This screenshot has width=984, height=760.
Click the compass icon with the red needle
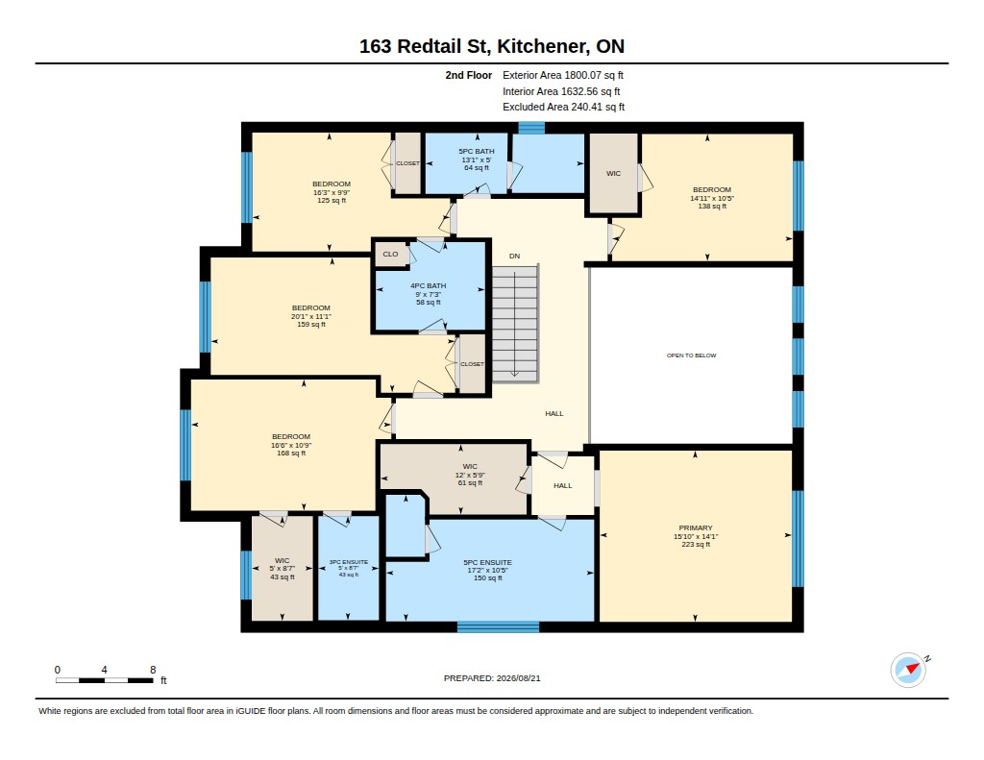908,670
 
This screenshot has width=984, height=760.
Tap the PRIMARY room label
696,527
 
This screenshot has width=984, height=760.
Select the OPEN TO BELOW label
691,355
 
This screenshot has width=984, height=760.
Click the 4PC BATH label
428,285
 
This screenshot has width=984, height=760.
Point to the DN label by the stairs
515,256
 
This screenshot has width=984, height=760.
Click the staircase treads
515,324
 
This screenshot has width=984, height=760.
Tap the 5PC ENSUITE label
487,562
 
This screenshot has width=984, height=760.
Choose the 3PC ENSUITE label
348,562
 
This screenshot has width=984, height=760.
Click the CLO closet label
390,255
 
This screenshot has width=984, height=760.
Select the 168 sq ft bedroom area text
291,454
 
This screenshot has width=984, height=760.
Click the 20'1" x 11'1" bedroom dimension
310,316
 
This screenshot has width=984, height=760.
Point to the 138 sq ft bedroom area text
712,206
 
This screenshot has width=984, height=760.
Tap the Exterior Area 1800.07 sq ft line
563,75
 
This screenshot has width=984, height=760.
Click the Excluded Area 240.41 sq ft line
563,107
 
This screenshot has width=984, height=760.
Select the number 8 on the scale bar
153,670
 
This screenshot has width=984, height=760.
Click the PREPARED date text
492,677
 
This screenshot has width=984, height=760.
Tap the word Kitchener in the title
543,46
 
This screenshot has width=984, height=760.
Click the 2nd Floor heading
469,75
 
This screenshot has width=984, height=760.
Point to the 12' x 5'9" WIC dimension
470,475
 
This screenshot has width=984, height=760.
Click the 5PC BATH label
477,151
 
